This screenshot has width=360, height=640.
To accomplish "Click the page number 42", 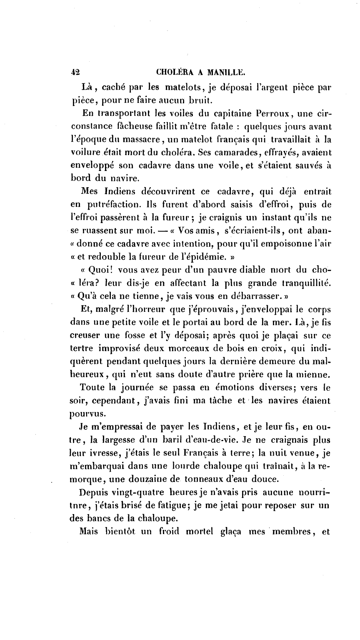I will [x=76, y=71].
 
